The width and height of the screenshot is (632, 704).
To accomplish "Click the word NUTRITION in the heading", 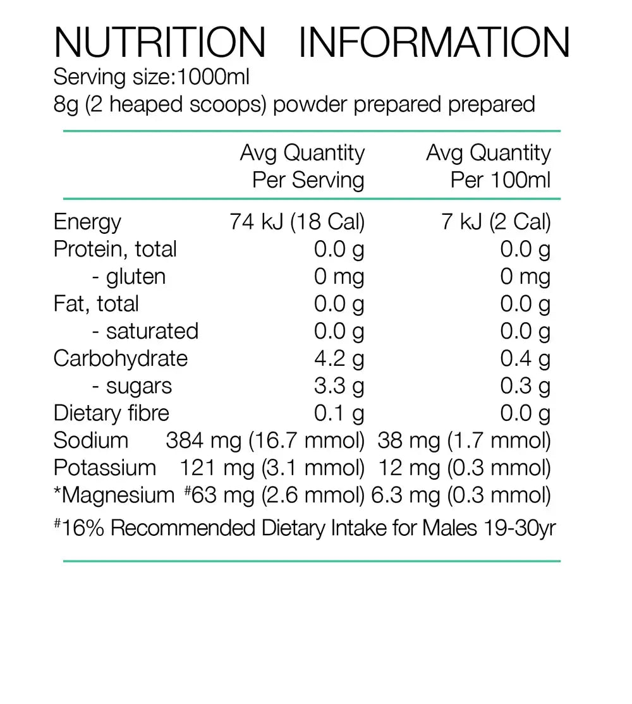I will coord(160,42).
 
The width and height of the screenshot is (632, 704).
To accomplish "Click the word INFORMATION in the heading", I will coord(434,42).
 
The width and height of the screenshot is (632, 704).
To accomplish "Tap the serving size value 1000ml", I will coord(214,77).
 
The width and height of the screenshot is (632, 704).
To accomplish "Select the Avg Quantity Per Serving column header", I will coord(303,166).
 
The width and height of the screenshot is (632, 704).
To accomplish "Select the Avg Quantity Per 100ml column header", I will coord(489,166).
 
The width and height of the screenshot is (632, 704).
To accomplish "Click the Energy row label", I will coord(87,222).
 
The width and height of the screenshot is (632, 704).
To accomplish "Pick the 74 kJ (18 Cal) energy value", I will coord(297,222).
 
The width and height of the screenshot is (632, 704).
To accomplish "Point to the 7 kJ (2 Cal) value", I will coord(496,222).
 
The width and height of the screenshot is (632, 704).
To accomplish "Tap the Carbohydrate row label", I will coord(121,358).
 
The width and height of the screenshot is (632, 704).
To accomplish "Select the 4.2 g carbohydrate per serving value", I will coord(339,358).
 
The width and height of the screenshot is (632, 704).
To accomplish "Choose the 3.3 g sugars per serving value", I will coord(339,386).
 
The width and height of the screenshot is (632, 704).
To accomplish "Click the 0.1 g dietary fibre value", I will coord(339,413).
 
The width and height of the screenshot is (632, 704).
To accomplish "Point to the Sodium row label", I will coord(91,440).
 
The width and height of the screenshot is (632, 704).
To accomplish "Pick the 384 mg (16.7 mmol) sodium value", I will coord(265,440).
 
